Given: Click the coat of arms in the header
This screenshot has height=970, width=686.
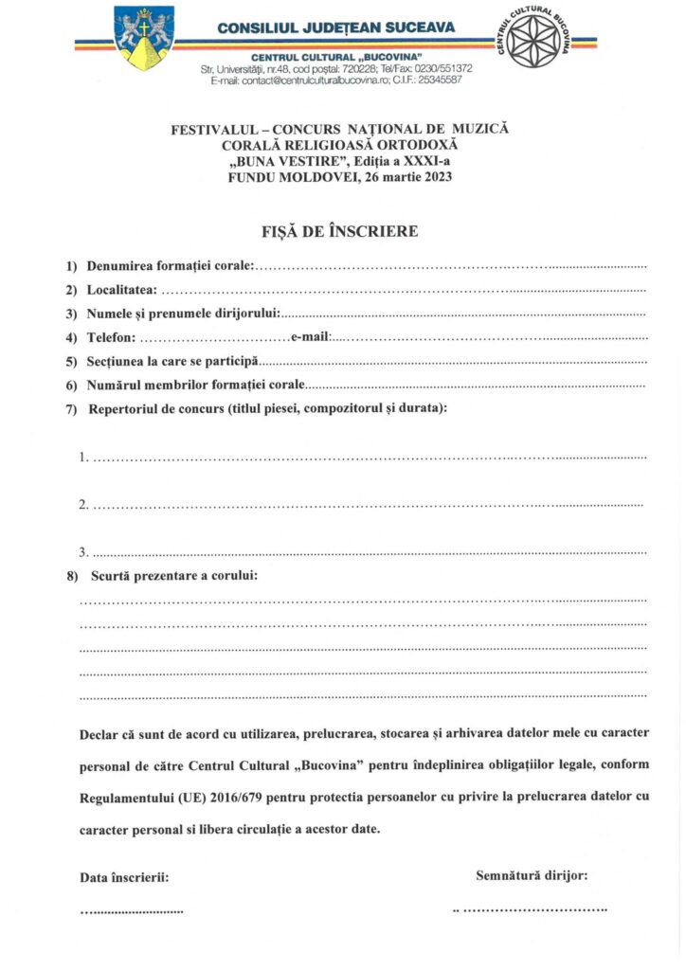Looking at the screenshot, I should [144, 38].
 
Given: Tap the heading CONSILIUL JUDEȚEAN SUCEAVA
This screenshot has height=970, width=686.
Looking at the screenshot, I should [335, 27].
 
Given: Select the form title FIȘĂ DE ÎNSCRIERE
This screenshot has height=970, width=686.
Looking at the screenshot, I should [339, 232].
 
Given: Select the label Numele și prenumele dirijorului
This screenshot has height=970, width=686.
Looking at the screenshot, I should [183, 313].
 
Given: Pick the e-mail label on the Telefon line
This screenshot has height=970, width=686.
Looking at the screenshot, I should [310, 337].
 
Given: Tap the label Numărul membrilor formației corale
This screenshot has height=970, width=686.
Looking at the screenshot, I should [195, 385].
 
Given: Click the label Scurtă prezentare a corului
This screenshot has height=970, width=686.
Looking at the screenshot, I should [173, 575].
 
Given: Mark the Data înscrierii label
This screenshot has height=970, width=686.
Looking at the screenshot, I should [124, 877].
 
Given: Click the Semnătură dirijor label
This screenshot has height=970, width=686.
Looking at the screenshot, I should [532, 875].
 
